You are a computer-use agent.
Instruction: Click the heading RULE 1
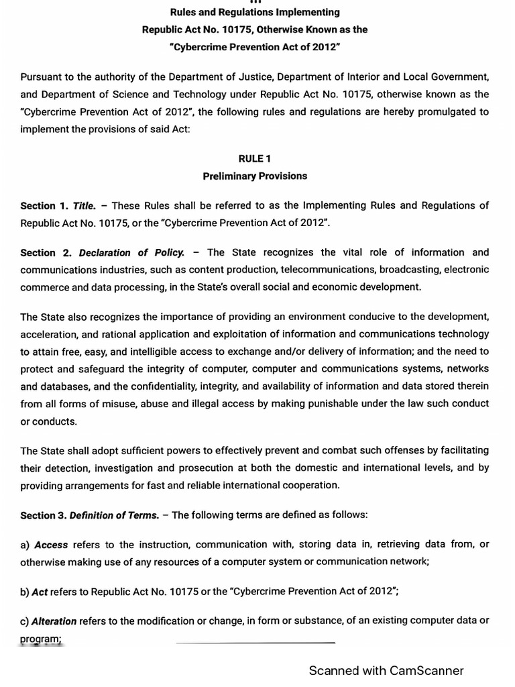(255, 159)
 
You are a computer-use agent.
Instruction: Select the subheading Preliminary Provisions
(255, 176)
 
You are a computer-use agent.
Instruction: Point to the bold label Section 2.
(47, 253)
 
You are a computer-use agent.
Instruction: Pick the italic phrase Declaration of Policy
(131, 253)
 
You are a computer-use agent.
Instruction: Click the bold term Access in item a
(51, 545)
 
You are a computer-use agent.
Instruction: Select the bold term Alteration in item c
(54, 621)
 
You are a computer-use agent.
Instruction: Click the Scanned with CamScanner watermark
(386, 670)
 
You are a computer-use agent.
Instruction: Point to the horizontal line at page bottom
(255, 643)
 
